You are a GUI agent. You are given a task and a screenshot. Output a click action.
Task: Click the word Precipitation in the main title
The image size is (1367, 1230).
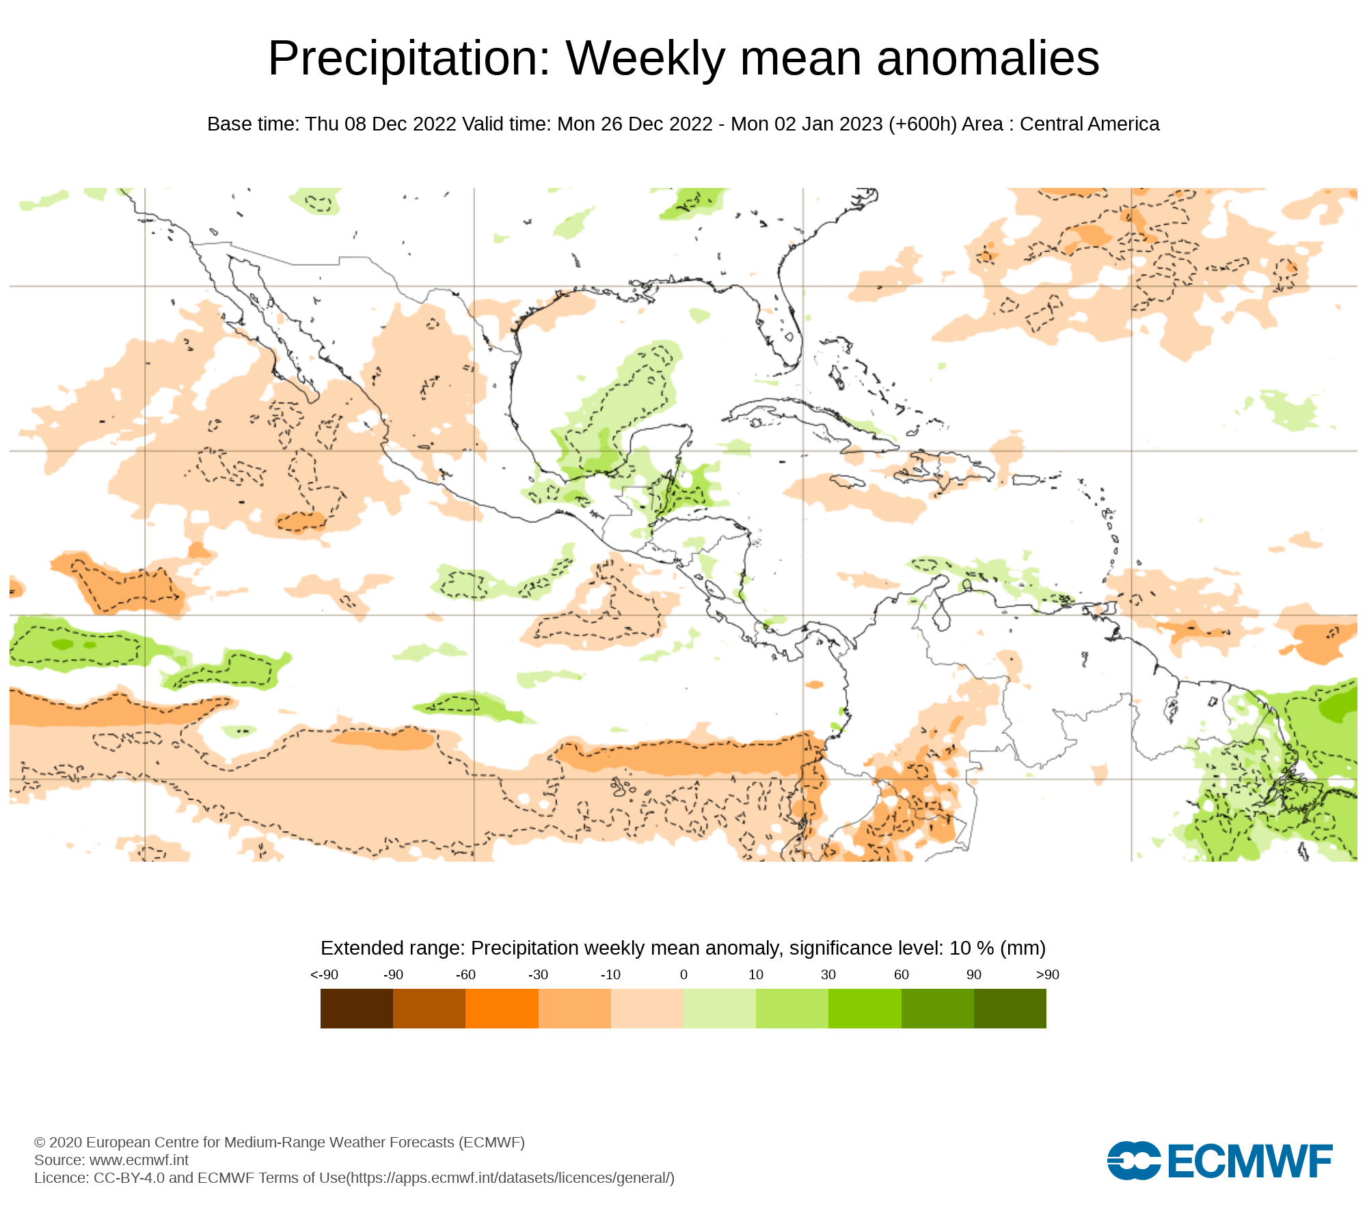(409, 59)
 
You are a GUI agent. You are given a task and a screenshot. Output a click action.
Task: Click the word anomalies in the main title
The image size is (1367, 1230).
(988, 59)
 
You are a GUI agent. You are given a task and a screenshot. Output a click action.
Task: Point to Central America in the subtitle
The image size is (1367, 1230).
(1089, 124)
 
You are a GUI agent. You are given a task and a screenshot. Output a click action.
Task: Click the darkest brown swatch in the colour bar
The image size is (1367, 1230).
(357, 1009)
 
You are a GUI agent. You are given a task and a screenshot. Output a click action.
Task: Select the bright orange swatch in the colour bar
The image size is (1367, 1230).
(502, 1009)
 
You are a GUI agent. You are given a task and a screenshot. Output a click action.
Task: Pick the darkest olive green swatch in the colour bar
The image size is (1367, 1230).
(1010, 1009)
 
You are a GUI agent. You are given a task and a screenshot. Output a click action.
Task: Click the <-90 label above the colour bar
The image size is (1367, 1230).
(324, 975)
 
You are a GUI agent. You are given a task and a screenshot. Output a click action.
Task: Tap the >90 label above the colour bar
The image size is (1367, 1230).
(1047, 975)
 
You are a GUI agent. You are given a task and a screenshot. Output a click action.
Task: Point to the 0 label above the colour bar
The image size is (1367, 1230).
(683, 975)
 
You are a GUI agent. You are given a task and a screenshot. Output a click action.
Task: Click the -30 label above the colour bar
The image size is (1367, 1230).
(538, 975)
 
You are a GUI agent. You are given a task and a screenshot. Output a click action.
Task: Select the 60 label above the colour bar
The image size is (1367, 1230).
(902, 975)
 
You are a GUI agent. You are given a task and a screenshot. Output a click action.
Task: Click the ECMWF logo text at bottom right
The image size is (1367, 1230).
(1250, 1161)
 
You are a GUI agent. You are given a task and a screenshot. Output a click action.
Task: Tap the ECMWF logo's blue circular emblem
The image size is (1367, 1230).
(1133, 1160)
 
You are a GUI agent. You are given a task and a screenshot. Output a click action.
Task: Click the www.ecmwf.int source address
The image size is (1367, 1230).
(139, 1160)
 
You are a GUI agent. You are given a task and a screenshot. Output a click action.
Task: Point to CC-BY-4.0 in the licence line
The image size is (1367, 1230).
(129, 1178)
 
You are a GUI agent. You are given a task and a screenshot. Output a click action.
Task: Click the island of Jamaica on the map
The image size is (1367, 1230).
(848, 482)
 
